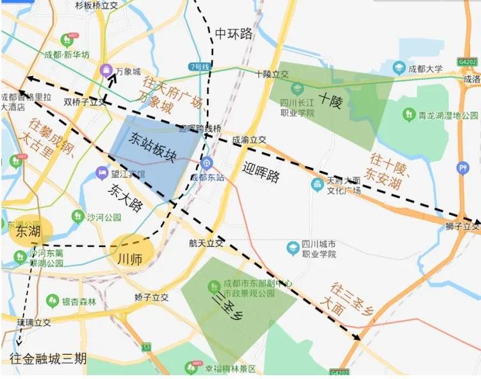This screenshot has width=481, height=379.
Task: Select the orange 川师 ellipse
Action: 131,252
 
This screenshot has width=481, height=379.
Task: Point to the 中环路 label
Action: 234,33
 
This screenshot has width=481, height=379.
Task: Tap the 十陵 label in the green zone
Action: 331,100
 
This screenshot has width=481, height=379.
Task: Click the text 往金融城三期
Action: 47,359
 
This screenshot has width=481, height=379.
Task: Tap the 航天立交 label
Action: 206,243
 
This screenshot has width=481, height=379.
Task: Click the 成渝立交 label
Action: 249,139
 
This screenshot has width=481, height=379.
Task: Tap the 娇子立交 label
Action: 151,298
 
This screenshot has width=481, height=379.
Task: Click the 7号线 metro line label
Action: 200,66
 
